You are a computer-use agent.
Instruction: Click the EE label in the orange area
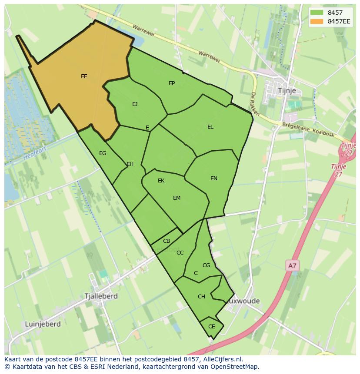pos(84,76)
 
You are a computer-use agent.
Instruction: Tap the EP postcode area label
pos(172,83)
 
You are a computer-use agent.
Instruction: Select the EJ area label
pos(135,104)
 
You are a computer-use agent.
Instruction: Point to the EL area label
pos(210,127)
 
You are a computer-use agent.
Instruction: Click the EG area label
pos(103,153)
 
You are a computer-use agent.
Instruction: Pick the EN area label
pos(214,179)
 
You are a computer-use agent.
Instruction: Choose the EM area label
pos(177,198)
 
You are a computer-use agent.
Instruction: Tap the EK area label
pos(161,181)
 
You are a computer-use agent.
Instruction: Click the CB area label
pos(167,241)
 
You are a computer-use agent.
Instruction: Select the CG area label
pos(206,265)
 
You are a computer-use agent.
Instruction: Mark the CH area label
pos(201,297)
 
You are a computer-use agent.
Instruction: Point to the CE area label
pos(212,327)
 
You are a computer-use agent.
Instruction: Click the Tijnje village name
pos(287,91)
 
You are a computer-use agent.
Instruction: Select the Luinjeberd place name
pos(43,324)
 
